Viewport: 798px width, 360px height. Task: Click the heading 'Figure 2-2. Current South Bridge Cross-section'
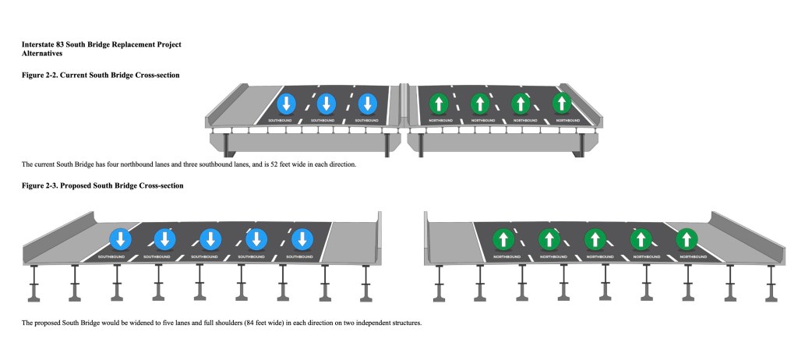click(x=101, y=75)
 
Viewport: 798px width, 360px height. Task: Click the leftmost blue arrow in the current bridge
click(x=286, y=104)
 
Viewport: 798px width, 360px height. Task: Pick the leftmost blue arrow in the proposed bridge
click(x=120, y=238)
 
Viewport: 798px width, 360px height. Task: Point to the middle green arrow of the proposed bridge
click(x=595, y=238)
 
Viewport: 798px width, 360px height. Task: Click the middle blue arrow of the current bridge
click(x=327, y=104)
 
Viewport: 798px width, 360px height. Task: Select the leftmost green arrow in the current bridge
click(x=439, y=103)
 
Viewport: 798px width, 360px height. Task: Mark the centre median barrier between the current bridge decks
click(x=403, y=105)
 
